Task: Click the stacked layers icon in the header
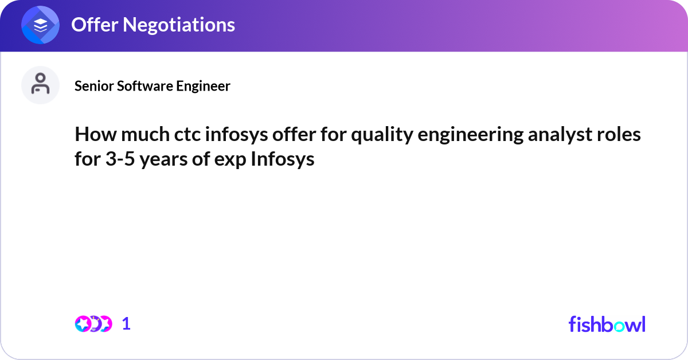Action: click(x=41, y=26)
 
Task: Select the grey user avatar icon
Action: click(x=40, y=85)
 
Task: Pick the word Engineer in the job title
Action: click(x=202, y=86)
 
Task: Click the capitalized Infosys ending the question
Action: click(x=283, y=159)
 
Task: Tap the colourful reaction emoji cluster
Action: click(x=93, y=324)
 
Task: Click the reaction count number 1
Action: click(x=126, y=324)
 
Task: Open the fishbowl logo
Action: click(x=607, y=324)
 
